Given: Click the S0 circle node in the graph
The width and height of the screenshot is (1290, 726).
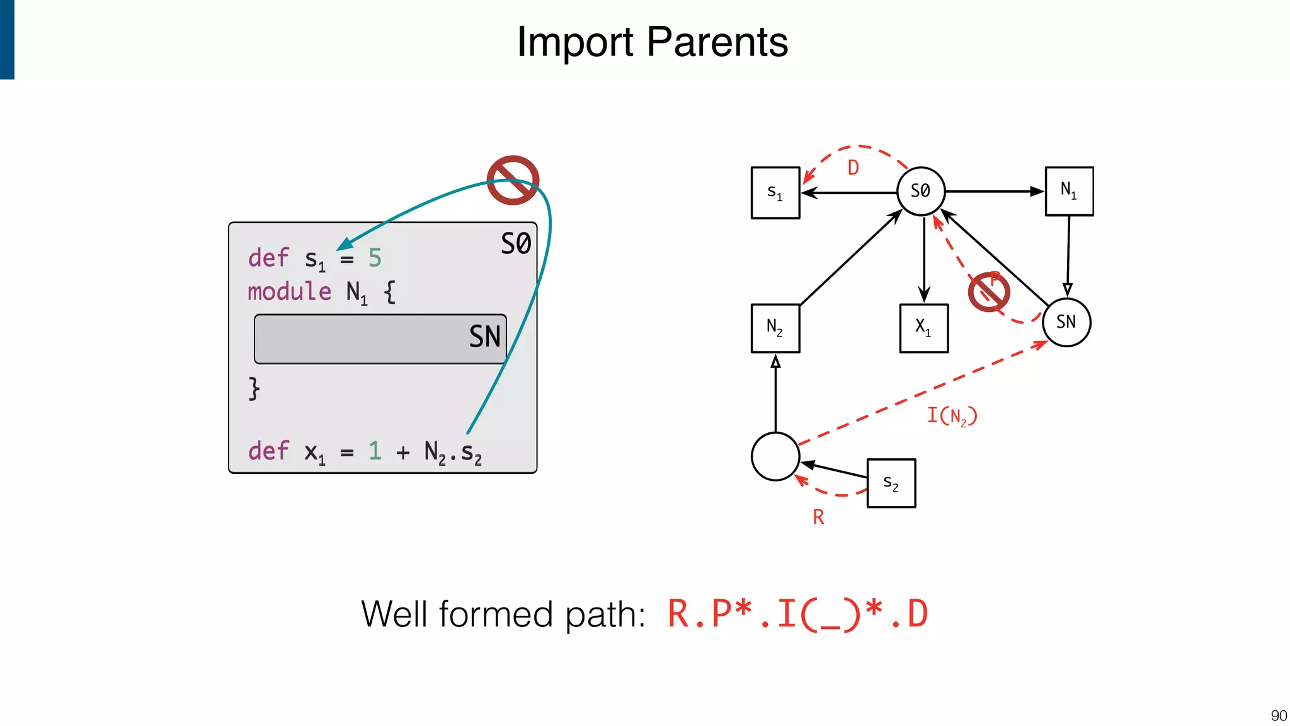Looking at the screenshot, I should (x=920, y=191).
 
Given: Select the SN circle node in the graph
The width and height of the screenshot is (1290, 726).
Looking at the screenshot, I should (x=1066, y=322).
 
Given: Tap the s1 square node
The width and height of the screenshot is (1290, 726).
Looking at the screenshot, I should (x=775, y=192).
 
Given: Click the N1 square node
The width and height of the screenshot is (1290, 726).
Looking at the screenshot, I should (x=1069, y=191).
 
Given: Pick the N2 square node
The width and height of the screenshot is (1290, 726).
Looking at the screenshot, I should (x=775, y=328).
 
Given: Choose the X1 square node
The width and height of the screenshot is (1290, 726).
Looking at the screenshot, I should (x=923, y=328).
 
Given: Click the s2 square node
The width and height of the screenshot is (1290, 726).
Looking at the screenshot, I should (x=891, y=483).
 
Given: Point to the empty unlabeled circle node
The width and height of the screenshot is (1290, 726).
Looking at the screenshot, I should (x=775, y=456).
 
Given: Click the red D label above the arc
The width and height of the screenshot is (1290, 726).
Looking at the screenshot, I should (x=853, y=168).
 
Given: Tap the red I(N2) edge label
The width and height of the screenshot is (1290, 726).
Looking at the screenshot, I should (x=951, y=416).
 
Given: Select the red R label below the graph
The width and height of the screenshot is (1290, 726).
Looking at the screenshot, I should (x=818, y=517).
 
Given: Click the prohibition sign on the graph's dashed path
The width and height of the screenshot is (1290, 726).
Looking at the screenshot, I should (x=988, y=292).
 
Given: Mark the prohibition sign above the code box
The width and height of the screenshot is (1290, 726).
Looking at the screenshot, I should (x=513, y=180).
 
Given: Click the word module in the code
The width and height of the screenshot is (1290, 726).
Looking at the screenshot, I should (x=289, y=292).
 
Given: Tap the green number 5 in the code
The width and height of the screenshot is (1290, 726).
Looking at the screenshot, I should (x=375, y=258).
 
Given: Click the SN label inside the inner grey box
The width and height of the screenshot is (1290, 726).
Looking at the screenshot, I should (x=484, y=337).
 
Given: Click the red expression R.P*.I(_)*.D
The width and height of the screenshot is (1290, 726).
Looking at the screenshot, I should (x=797, y=614).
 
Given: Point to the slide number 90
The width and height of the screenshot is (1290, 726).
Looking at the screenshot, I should (x=1278, y=715).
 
